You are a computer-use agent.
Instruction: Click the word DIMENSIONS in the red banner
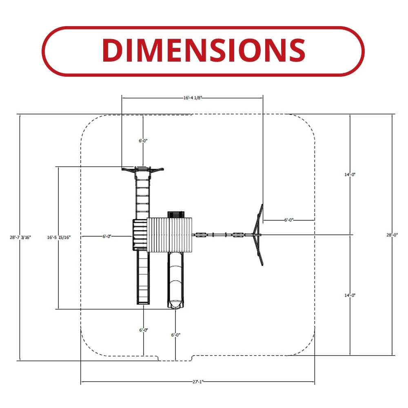point(204,50)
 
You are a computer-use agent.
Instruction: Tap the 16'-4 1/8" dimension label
point(193,98)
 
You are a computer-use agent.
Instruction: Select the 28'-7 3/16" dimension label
point(20,237)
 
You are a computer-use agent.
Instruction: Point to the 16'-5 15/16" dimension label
point(59,237)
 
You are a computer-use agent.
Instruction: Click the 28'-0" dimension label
point(392,235)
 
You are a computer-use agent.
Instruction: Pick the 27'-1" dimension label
point(198,382)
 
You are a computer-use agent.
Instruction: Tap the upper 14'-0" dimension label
point(350,175)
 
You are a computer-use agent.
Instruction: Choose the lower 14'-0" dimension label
point(350,295)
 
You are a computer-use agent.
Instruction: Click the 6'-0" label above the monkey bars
point(143,141)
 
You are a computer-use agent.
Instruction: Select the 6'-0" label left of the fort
point(106,236)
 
